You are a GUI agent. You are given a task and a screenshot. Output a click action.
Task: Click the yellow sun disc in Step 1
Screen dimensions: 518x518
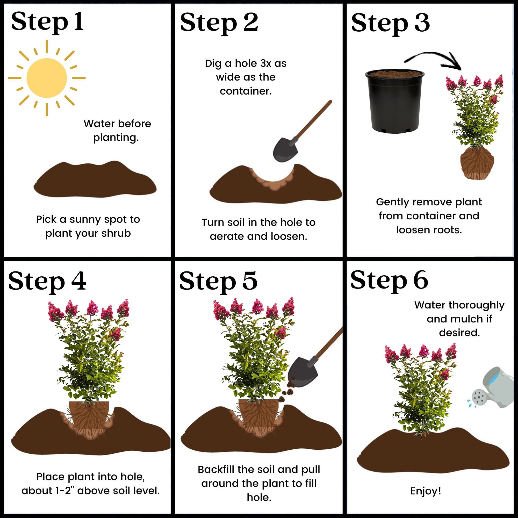[x=47, y=78]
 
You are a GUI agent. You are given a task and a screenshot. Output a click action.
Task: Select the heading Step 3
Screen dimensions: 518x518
[x=390, y=24]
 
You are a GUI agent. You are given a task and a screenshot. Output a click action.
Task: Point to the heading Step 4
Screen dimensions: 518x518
[x=47, y=282]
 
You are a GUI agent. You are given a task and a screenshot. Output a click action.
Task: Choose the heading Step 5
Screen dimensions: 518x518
[x=218, y=282]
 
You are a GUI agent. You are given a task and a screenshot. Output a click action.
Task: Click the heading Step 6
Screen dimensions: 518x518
[x=389, y=281]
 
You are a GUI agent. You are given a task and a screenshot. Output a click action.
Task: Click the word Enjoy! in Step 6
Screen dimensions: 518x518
[x=426, y=491]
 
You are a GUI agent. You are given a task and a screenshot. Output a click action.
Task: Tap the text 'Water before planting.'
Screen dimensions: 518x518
[x=117, y=131]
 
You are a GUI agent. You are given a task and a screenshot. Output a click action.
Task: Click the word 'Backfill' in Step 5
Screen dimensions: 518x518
[x=215, y=470]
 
